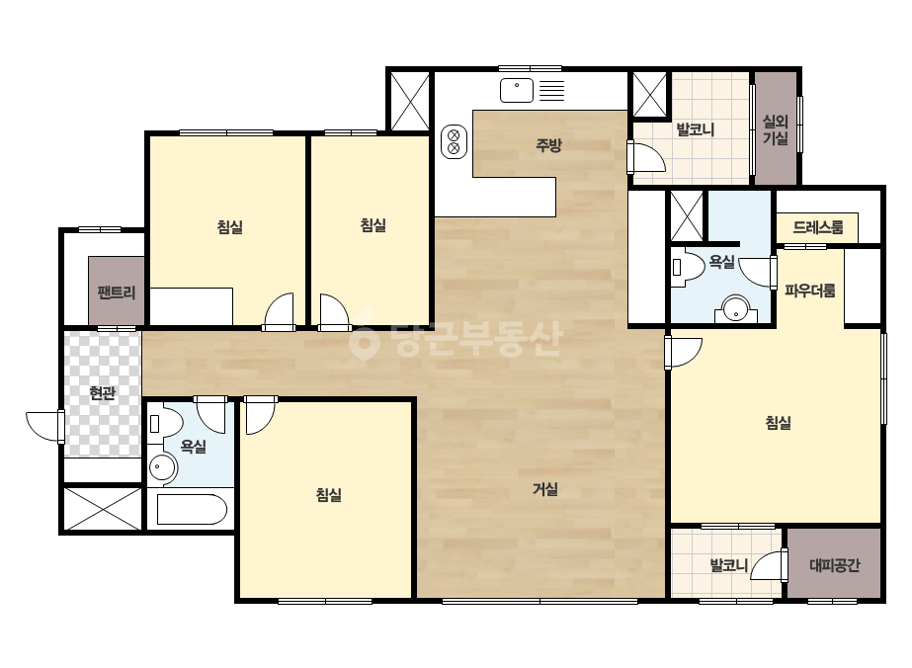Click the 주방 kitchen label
pyautogui.click(x=548, y=144)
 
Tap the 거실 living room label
pyautogui.click(x=545, y=489)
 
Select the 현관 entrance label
pyautogui.click(x=103, y=393)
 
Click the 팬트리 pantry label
pyautogui.click(x=117, y=292)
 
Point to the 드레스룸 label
pyautogui.click(x=818, y=227)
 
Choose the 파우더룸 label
pyautogui.click(x=809, y=290)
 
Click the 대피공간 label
pyautogui.click(x=835, y=564)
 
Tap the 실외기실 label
pyautogui.click(x=776, y=129)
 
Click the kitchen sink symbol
pyautogui.click(x=517, y=90)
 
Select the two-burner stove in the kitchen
pyautogui.click(x=455, y=141)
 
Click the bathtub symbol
pyautogui.click(x=192, y=509)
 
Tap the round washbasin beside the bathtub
pyautogui.click(x=162, y=467)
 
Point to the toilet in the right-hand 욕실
pyautogui.click(x=687, y=268)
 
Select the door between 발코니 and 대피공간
pyautogui.click(x=769, y=564)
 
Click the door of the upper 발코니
pyautogui.click(x=646, y=157)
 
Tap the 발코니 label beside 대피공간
pyautogui.click(x=729, y=564)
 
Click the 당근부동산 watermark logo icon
pyautogui.click(x=364, y=340)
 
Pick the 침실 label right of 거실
pyautogui.click(x=779, y=423)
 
